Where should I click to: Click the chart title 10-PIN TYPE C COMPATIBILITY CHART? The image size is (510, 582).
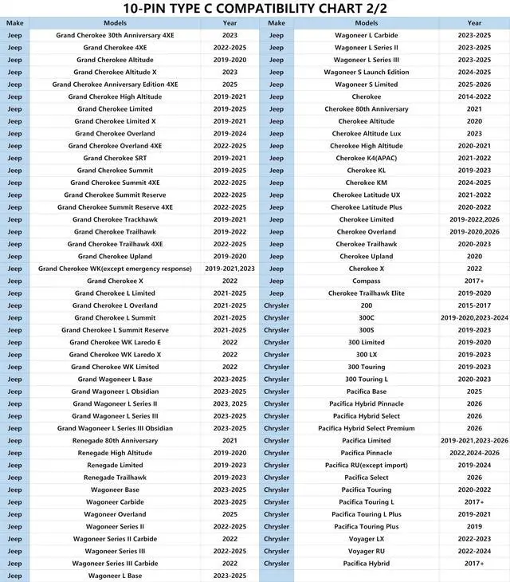tap(255, 9)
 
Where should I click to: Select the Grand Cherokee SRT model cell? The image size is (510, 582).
tap(115, 158)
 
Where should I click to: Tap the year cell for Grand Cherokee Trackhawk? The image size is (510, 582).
tap(230, 219)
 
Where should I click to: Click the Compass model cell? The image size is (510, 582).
tap(366, 281)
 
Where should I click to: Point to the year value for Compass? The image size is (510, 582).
tap(474, 281)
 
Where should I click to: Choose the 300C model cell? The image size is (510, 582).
tap(366, 317)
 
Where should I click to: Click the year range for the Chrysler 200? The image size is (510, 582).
tap(474, 305)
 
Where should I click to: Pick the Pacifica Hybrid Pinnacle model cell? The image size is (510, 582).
tap(366, 403)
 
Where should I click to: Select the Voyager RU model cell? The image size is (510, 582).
tap(366, 551)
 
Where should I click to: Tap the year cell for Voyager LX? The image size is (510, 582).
tap(474, 539)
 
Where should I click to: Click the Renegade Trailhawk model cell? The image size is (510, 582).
tap(115, 478)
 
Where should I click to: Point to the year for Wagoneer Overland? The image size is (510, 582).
tap(230, 514)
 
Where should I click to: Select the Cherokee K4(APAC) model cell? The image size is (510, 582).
tap(366, 158)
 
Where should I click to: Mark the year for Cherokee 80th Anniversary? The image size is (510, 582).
tap(474, 109)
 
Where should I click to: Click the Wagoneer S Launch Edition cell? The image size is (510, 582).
tap(366, 72)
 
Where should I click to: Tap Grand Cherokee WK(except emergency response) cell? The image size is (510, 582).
tap(115, 269)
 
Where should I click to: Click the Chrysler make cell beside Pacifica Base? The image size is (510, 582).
tap(277, 391)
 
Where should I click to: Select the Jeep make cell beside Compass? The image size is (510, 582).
tap(277, 281)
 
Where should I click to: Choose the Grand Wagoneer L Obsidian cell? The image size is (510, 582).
tap(115, 391)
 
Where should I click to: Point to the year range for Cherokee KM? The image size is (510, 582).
tap(474, 183)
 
